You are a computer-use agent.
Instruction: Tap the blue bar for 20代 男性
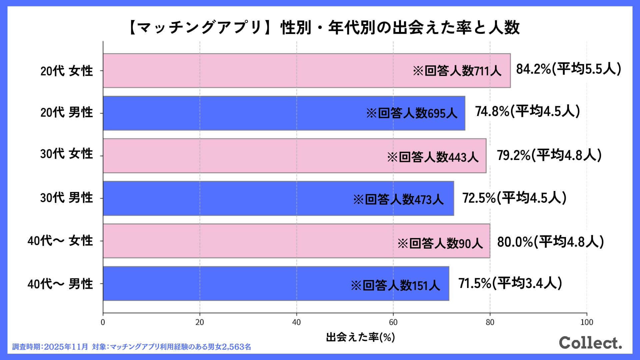233,113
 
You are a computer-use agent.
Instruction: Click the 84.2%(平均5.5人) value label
569,69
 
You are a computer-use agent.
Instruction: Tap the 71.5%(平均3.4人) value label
510,283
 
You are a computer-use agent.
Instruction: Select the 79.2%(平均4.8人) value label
549,155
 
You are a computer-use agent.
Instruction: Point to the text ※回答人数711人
457,71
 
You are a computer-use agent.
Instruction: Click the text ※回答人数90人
440,244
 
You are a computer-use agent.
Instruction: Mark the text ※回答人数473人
398,199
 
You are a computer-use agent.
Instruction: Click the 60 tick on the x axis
393,322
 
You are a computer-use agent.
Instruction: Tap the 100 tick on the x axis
587,322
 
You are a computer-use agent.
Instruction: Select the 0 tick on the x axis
103,322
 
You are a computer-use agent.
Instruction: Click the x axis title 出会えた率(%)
360,337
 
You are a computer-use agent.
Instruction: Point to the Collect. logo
590,343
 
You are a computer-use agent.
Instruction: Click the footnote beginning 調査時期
132,347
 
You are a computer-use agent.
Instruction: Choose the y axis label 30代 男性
67,198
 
